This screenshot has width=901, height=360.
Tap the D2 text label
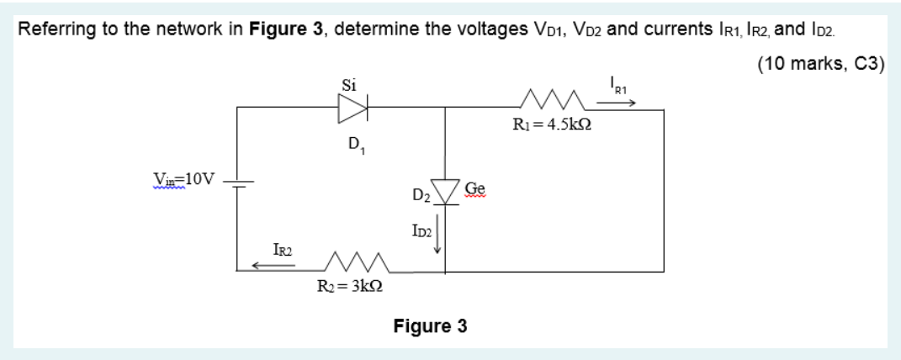(x=421, y=198)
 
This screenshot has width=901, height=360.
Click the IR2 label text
(x=283, y=248)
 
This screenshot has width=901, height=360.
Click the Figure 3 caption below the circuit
(x=430, y=326)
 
